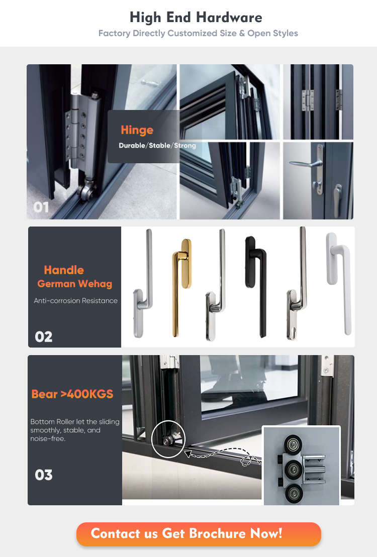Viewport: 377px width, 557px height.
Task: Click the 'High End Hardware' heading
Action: coord(196,18)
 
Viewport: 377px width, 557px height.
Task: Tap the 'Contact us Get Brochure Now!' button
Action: coord(199,534)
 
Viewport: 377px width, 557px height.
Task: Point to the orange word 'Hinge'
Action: coord(137,130)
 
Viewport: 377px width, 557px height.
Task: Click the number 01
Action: coord(41,207)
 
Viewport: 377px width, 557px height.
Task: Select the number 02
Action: coord(43,337)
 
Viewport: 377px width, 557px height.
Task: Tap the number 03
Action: coord(43,475)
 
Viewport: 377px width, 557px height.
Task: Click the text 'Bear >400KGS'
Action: coord(72,394)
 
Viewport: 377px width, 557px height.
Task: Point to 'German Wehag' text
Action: coord(75,284)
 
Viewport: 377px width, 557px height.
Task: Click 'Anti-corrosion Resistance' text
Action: coord(76,300)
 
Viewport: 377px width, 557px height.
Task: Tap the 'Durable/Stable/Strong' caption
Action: coord(157,146)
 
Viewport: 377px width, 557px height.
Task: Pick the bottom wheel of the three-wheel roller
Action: coord(294,494)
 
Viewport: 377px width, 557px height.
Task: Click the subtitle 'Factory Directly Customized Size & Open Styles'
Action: coord(198,33)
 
